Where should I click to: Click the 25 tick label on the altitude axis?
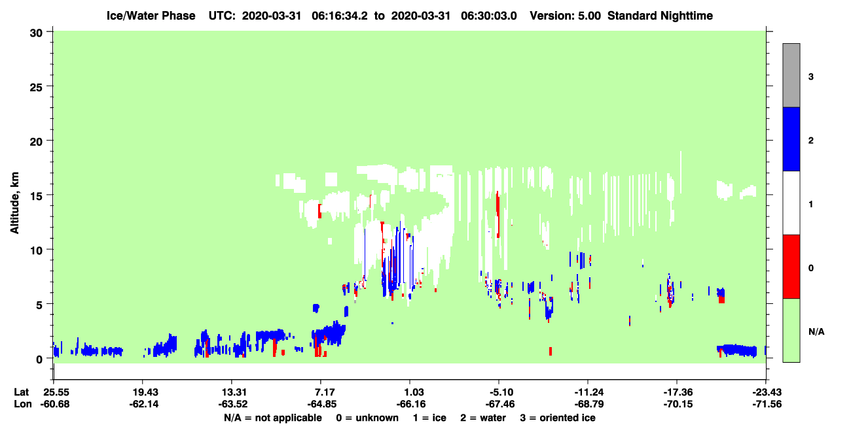tap(36, 88)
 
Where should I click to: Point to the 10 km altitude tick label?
tap(36, 251)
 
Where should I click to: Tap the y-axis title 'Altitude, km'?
tap(14, 203)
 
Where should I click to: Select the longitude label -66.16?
tap(410, 404)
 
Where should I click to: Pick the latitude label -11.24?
tap(589, 392)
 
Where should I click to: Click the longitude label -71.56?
tap(767, 404)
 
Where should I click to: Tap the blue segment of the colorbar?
tap(791, 139)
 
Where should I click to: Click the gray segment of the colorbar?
tap(791, 75)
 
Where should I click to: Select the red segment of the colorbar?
tap(791, 267)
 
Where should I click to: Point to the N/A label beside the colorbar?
tap(816, 331)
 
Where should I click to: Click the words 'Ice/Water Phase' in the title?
tap(151, 16)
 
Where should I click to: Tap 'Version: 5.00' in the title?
tap(566, 16)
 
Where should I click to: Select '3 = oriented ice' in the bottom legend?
tap(558, 418)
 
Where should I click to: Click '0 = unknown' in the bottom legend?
tap(367, 418)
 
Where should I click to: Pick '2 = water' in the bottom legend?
tap(483, 418)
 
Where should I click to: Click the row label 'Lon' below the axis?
tap(23, 404)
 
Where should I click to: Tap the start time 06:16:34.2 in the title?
tap(340, 16)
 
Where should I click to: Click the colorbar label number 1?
tap(810, 204)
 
